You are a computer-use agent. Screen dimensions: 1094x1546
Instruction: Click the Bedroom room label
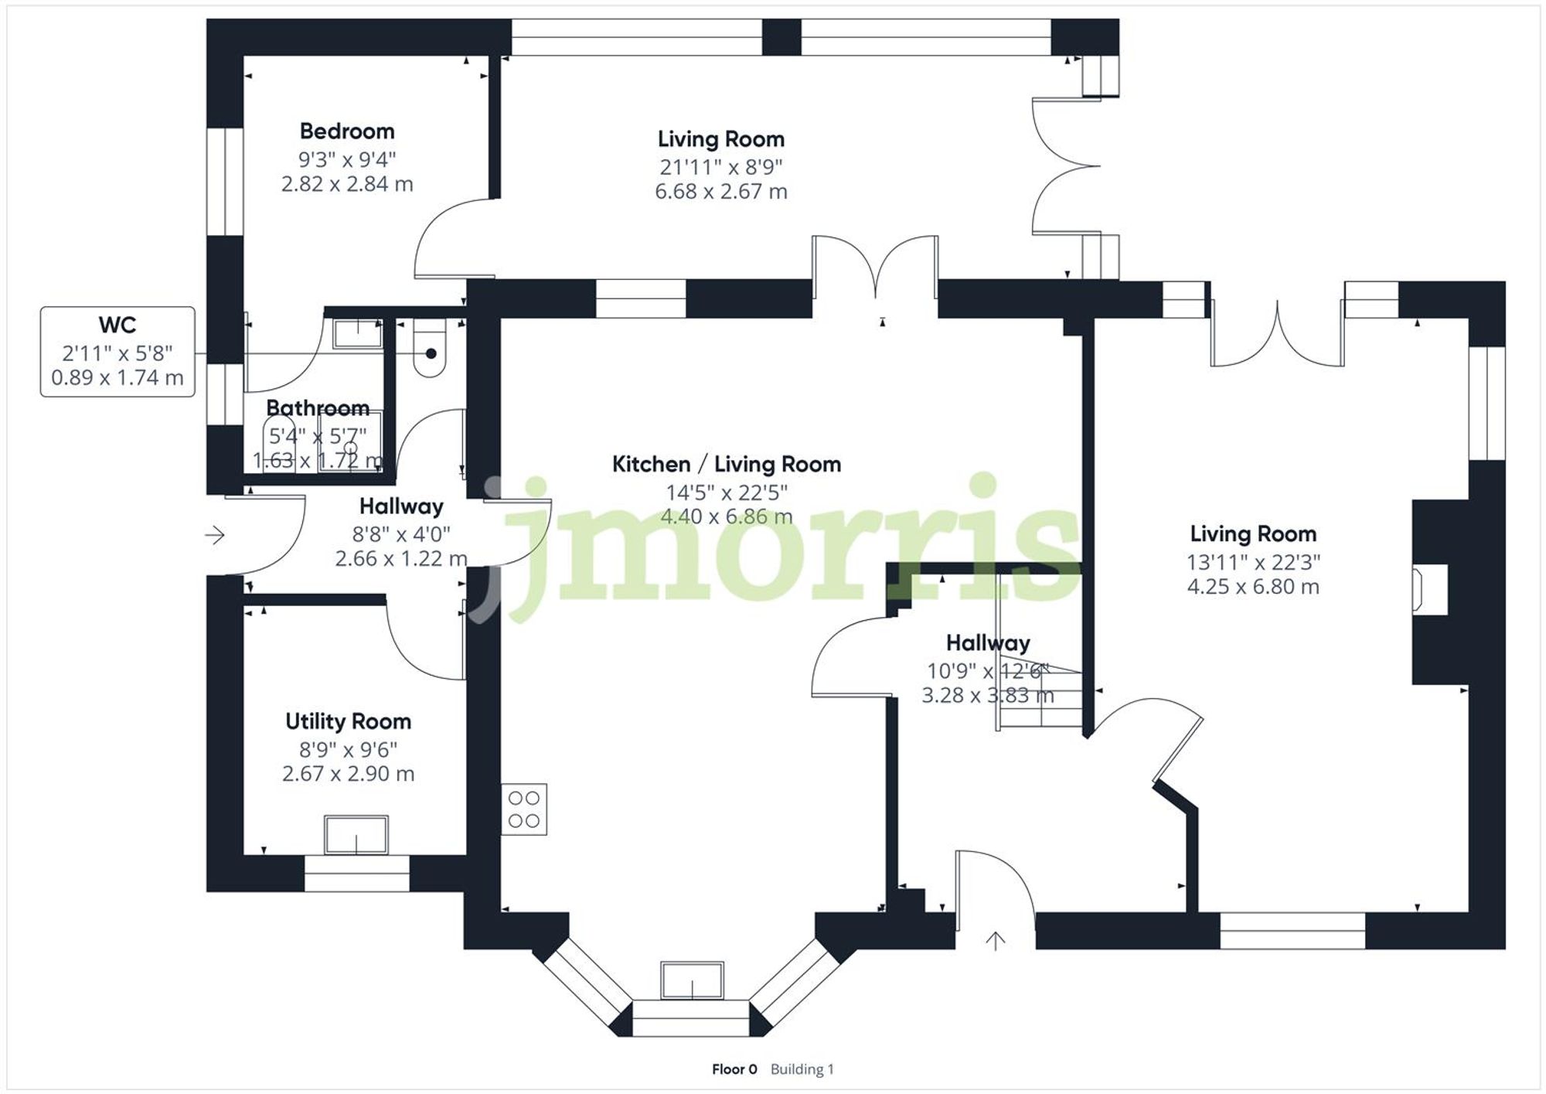click(x=347, y=131)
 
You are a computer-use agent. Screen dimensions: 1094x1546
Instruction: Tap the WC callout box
click(x=117, y=352)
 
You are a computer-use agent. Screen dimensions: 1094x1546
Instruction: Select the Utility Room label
click(x=348, y=721)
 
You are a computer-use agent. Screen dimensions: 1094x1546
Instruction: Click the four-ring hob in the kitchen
click(x=524, y=809)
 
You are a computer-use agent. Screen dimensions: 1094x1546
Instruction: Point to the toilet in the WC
click(x=430, y=352)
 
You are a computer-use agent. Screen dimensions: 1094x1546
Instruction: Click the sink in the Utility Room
click(x=356, y=835)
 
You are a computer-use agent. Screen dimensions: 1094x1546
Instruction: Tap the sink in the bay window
click(x=692, y=980)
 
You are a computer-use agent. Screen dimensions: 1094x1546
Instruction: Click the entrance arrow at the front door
click(x=995, y=941)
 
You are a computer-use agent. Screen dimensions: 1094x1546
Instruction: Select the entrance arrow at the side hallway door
click(x=215, y=535)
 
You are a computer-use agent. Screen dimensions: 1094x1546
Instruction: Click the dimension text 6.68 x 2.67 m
click(x=720, y=192)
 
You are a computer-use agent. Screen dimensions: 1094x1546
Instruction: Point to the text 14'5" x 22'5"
click(x=727, y=492)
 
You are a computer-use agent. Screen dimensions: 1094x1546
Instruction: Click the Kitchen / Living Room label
click(x=726, y=464)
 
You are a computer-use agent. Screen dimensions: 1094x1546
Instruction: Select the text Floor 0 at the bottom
click(x=734, y=1069)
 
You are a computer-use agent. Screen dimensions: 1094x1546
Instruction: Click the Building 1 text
click(x=802, y=1069)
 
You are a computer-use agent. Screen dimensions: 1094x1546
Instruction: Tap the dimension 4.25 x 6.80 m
click(x=1252, y=587)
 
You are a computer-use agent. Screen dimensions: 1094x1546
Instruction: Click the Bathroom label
click(x=318, y=407)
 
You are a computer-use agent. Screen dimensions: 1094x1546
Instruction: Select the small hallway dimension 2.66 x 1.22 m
click(x=400, y=558)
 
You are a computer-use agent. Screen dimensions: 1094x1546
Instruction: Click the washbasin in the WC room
click(x=357, y=334)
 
